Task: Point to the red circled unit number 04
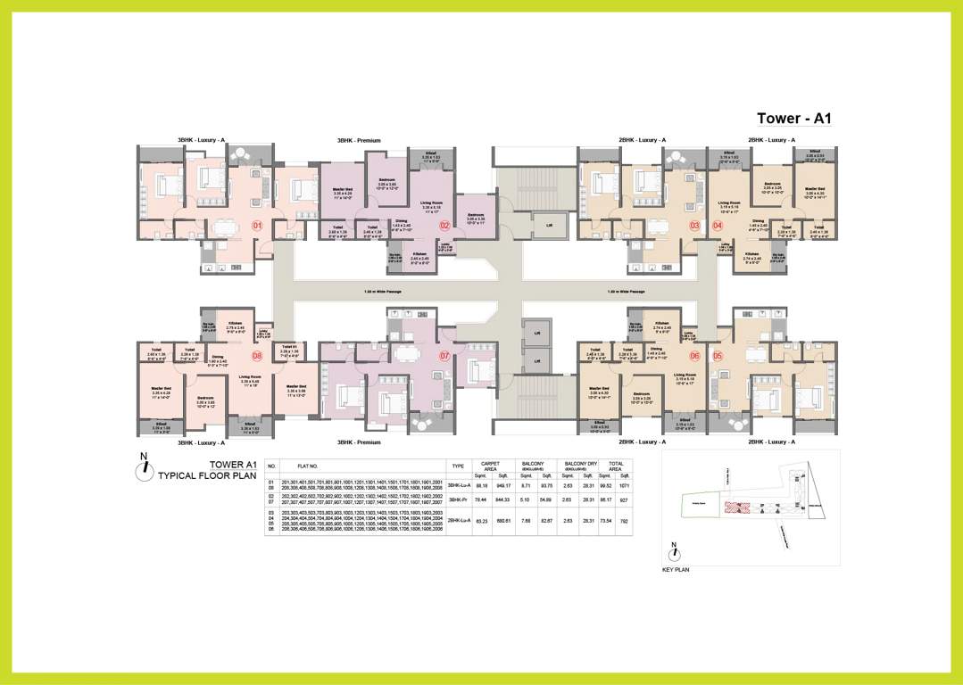pos(718,225)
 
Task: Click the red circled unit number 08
pos(256,356)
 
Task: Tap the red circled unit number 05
pos(718,356)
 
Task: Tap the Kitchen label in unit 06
pos(661,324)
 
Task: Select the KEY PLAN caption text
pos(676,569)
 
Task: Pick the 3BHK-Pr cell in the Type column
pos(458,501)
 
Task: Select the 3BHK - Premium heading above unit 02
pos(359,141)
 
